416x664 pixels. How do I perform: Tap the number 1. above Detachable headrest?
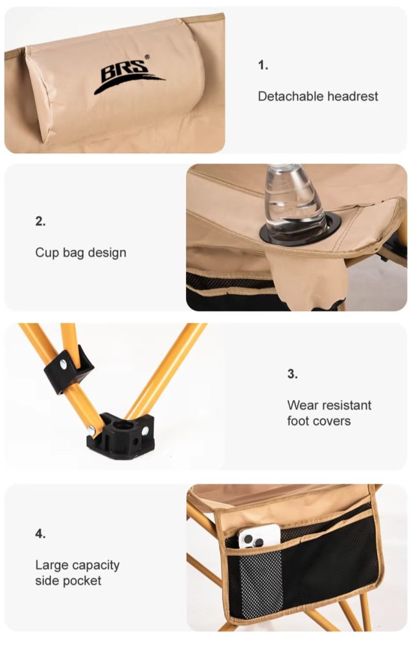263,65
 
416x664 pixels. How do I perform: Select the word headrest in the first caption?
353,96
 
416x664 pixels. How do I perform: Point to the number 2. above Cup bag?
40,221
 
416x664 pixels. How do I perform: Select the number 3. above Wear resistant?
292,374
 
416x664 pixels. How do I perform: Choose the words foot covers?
319,421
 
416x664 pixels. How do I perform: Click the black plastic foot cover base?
121,436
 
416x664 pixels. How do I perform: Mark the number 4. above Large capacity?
40,534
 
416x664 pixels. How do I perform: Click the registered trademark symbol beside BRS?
147,57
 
